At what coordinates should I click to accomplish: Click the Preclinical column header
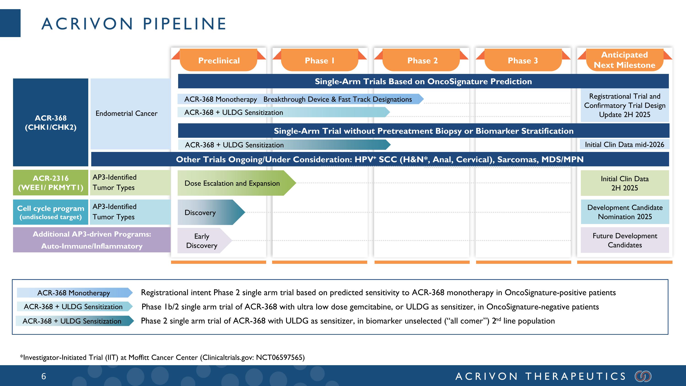[219, 60]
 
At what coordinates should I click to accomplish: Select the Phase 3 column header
[523, 60]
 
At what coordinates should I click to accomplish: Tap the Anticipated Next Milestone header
[624, 60]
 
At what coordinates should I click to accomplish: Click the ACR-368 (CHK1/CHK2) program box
[51, 123]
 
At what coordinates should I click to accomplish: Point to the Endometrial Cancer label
[126, 113]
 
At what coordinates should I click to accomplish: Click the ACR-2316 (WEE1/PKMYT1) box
[51, 183]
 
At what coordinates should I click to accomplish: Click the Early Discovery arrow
[202, 240]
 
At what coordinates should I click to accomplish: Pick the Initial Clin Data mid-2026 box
[624, 145]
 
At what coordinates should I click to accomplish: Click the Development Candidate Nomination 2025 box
[625, 212]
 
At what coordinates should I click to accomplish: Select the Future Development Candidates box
[625, 240]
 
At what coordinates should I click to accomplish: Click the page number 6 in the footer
[44, 376]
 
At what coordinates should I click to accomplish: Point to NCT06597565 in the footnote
[280, 357]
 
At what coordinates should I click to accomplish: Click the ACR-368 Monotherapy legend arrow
[74, 293]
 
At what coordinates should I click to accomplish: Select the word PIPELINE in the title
[185, 24]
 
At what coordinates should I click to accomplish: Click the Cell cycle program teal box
[51, 212]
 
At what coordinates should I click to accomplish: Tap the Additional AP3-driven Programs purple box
[92, 240]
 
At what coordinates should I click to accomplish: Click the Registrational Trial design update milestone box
[624, 105]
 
